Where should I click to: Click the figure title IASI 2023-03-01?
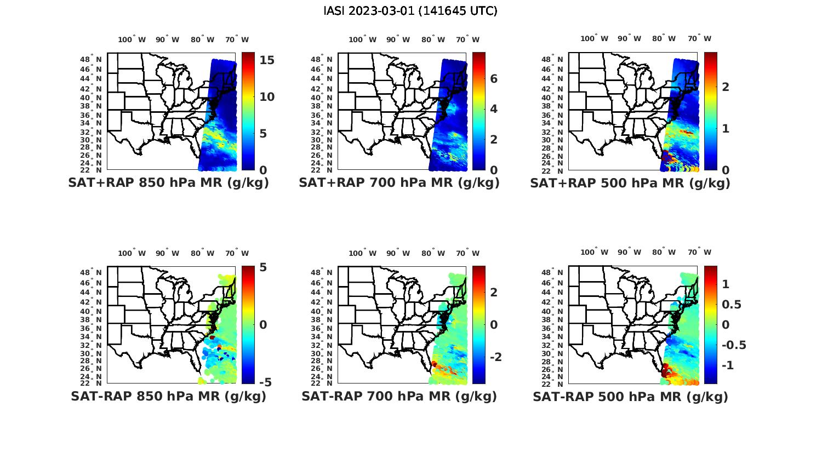pos(410,11)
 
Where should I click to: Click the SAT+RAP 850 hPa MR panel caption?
pos(169,183)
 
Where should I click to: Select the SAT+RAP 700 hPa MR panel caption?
pos(399,183)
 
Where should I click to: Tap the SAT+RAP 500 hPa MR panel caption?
pos(630,183)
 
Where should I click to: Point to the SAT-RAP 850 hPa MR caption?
pos(169,396)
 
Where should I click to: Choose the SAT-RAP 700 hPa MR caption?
pos(399,396)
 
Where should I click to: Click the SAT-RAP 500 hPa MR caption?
pos(630,396)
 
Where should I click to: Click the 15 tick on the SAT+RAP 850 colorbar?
pos(267,60)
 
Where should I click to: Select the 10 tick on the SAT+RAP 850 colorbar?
pos(267,97)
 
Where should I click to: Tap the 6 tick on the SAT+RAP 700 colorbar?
pos(494,79)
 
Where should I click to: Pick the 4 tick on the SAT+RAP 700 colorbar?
pos(494,109)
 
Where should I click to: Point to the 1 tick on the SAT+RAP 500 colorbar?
pos(725,128)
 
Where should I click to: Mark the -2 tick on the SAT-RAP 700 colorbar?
pos(495,357)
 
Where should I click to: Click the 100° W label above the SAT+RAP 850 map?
pos(132,39)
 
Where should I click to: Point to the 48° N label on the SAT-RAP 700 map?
pos(322,272)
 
